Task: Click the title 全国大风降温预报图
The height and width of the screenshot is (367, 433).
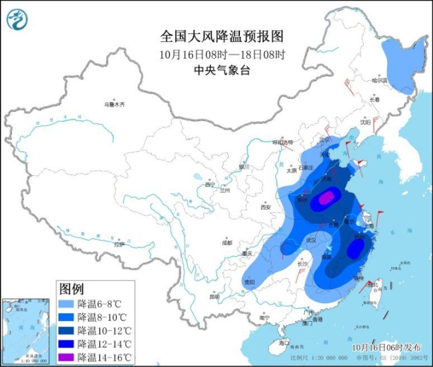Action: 221,36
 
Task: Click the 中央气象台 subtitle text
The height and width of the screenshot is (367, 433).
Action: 221,70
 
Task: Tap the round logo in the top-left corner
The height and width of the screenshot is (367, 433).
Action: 17,19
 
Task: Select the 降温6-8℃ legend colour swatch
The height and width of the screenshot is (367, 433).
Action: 67,304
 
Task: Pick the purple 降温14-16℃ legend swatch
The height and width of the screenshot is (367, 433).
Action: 67,357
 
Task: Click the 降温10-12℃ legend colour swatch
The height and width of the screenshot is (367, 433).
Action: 67,330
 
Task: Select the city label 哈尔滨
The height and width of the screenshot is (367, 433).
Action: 379,80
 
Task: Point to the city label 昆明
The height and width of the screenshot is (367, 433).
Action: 214,296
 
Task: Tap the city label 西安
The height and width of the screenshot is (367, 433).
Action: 266,207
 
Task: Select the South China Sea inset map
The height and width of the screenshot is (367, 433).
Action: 25,330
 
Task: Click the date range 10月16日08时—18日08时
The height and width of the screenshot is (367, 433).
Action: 221,54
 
